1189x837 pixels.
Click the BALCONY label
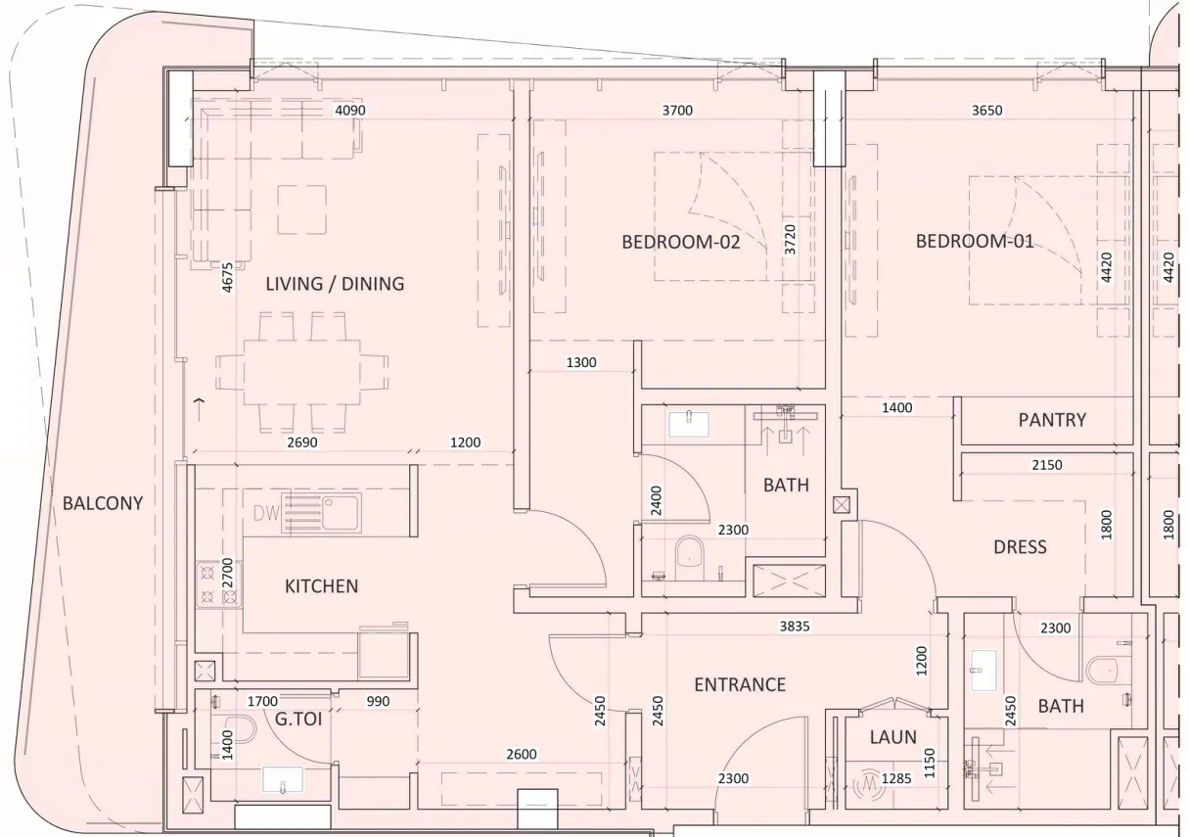[102, 503]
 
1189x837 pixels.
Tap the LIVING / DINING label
[335, 284]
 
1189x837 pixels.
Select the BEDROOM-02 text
[680, 242]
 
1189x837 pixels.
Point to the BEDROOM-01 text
[974, 241]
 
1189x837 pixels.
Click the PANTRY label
[1052, 419]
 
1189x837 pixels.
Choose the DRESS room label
[1020, 546]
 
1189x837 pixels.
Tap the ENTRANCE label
[740, 684]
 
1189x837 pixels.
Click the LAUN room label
[892, 737]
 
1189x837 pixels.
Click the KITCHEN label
[321, 586]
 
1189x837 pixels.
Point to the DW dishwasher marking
[266, 513]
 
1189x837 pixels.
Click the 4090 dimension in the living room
[350, 111]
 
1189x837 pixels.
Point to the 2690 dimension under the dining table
[301, 442]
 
